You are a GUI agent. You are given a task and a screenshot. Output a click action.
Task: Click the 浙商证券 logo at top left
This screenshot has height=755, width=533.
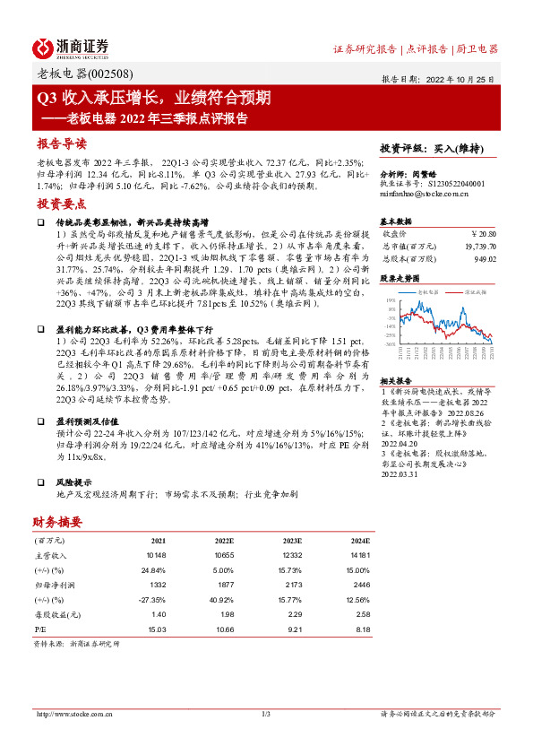[x=71, y=47]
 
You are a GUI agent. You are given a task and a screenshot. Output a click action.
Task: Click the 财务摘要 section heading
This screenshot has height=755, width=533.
[x=57, y=522]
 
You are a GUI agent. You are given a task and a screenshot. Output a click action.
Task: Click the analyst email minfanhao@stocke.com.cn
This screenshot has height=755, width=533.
[x=420, y=193]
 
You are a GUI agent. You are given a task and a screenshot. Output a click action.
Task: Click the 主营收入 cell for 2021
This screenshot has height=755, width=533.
[x=158, y=556]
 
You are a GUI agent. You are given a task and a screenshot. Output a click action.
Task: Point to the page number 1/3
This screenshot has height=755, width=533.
[x=266, y=714]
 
